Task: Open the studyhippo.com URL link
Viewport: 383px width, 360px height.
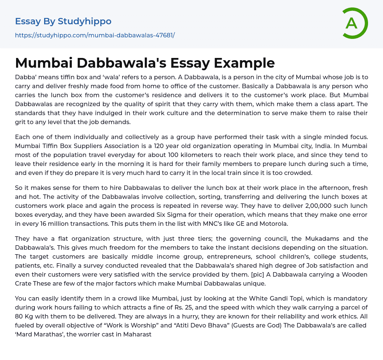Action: (x=95, y=36)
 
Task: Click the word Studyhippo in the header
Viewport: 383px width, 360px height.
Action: (x=85, y=21)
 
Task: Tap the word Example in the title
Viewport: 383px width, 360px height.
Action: (x=244, y=63)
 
